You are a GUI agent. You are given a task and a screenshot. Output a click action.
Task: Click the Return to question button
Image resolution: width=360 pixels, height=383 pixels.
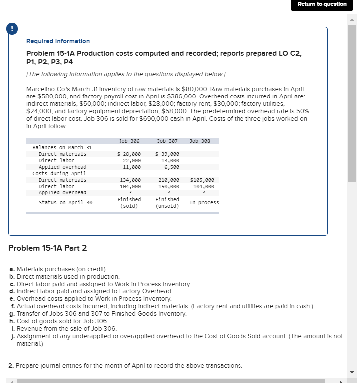(x=322, y=4)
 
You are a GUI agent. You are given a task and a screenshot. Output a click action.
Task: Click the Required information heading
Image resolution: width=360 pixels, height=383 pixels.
(x=58, y=41)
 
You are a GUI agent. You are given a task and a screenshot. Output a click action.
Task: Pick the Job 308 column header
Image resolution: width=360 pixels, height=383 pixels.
(x=200, y=141)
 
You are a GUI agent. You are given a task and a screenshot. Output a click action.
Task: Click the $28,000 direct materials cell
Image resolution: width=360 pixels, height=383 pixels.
(x=129, y=154)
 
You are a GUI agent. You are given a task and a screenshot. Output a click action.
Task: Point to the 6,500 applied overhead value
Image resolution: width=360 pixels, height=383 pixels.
(x=171, y=167)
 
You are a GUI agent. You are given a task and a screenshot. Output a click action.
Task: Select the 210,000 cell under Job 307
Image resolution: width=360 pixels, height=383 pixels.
(x=168, y=180)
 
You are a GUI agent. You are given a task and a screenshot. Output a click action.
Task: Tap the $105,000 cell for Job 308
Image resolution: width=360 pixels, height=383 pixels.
(x=202, y=180)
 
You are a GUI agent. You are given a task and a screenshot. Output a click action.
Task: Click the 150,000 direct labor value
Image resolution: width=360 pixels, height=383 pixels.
(x=168, y=186)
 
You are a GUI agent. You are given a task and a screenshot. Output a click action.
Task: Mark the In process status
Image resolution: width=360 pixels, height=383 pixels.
(x=204, y=203)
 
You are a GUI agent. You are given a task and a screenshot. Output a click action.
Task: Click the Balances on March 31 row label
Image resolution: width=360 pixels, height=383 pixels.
(x=62, y=148)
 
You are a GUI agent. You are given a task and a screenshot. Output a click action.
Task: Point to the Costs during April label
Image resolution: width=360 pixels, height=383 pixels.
(x=59, y=174)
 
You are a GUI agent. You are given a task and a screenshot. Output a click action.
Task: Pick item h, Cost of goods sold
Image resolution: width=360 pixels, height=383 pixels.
(x=62, y=321)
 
